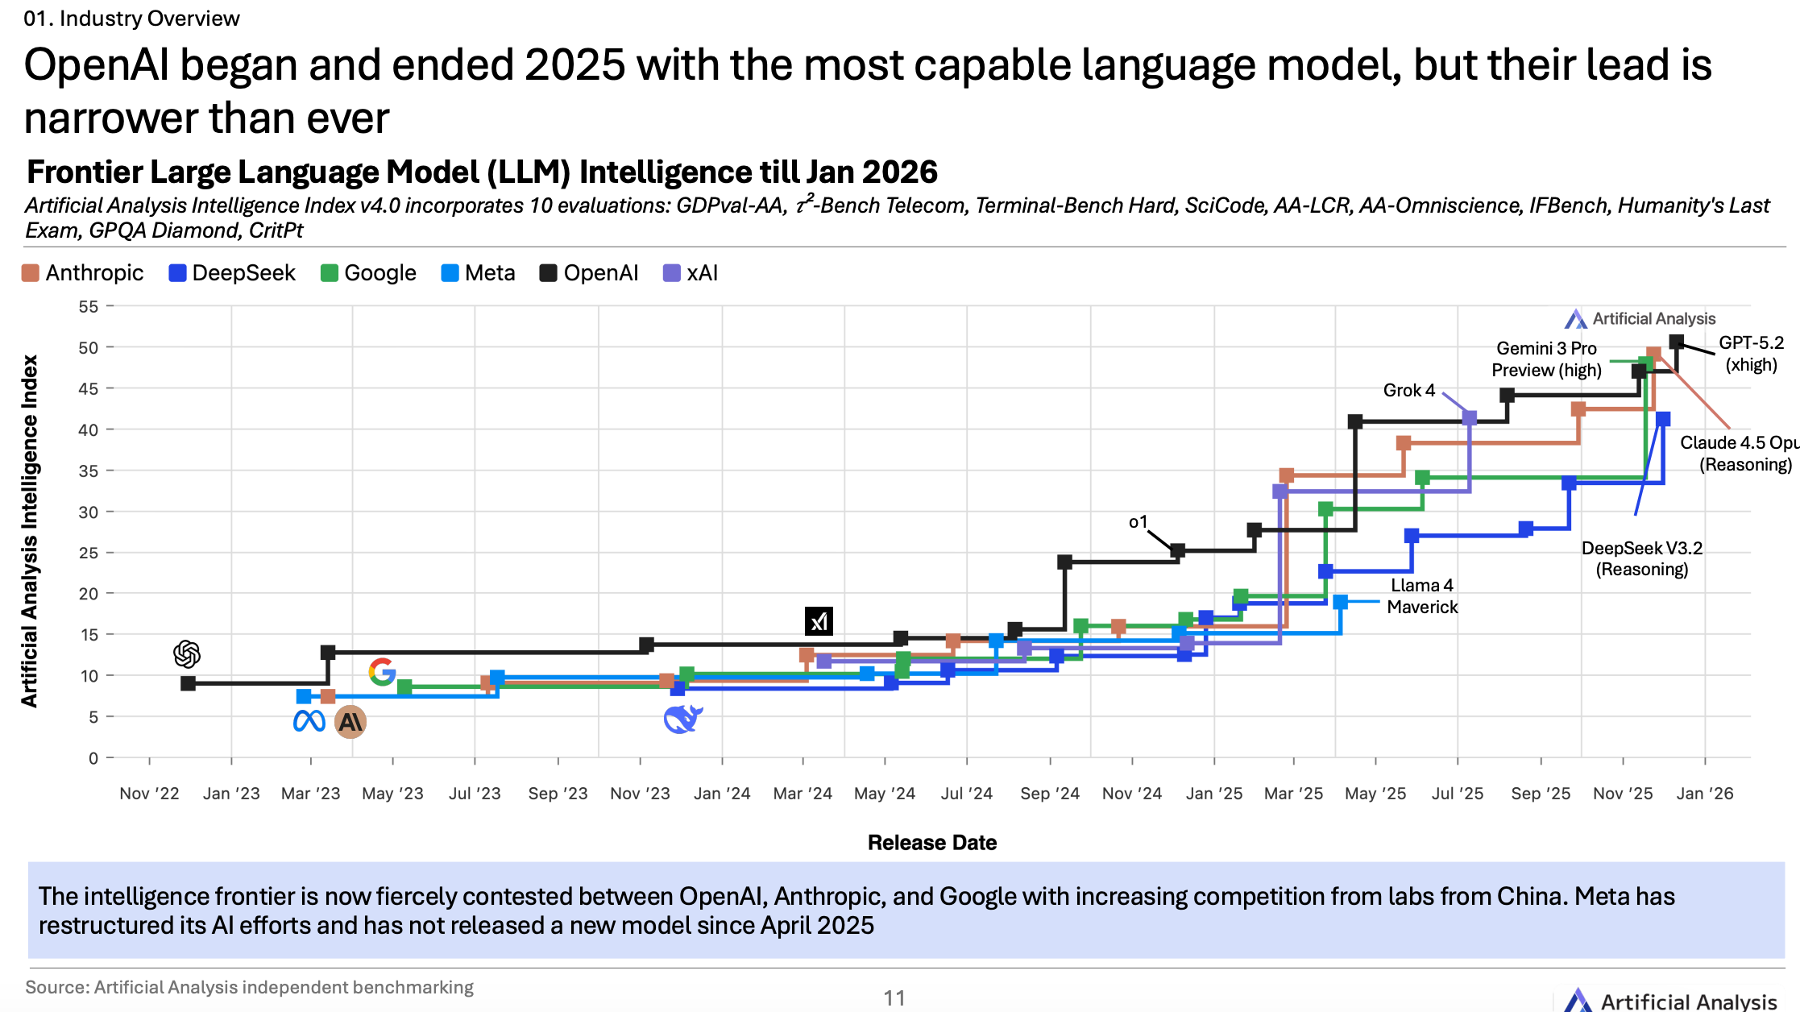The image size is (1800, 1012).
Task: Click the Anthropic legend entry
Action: (x=83, y=273)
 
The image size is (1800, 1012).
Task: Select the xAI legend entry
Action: (x=691, y=273)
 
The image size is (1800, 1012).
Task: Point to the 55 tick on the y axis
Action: (x=89, y=306)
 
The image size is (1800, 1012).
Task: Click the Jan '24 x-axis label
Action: (x=722, y=794)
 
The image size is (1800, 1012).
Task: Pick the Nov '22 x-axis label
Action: (x=149, y=794)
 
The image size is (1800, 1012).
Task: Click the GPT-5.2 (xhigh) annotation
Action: (x=1751, y=354)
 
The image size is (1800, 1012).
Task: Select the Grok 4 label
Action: (x=1408, y=391)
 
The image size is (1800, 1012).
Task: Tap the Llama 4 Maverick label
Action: (x=1422, y=596)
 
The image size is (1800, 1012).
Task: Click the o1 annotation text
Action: (x=1138, y=522)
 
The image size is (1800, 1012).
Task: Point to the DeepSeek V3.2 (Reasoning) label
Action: (x=1642, y=558)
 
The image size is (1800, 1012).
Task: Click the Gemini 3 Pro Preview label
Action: (x=1546, y=359)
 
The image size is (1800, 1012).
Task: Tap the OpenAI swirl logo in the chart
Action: (x=187, y=654)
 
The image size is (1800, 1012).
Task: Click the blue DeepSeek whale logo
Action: (x=682, y=719)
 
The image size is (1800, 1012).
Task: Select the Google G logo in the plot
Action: (x=382, y=671)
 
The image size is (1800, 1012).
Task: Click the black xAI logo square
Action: (x=819, y=621)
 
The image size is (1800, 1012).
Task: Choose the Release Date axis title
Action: (x=932, y=843)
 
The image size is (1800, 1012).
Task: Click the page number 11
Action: (x=894, y=998)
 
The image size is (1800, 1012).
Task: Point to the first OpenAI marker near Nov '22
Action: (x=189, y=683)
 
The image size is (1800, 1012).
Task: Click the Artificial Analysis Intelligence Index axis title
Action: (x=30, y=532)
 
